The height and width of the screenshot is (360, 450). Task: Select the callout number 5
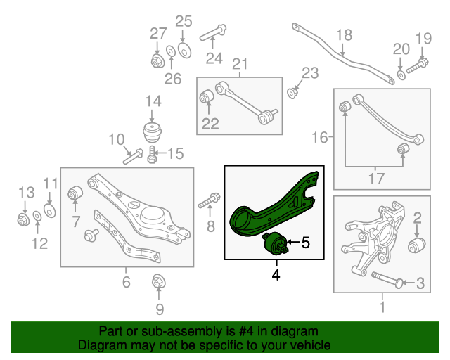pyautogui.click(x=305, y=243)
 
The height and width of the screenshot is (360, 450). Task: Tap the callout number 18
pyautogui.click(x=343, y=35)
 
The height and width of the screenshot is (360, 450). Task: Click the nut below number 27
pyautogui.click(x=158, y=60)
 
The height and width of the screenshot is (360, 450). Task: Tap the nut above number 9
pyautogui.click(x=158, y=284)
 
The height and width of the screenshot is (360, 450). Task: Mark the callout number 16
pyautogui.click(x=320, y=137)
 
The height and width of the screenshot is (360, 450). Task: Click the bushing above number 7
pyautogui.click(x=75, y=192)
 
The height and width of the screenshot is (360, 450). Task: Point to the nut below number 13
pyautogui.click(x=23, y=220)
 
